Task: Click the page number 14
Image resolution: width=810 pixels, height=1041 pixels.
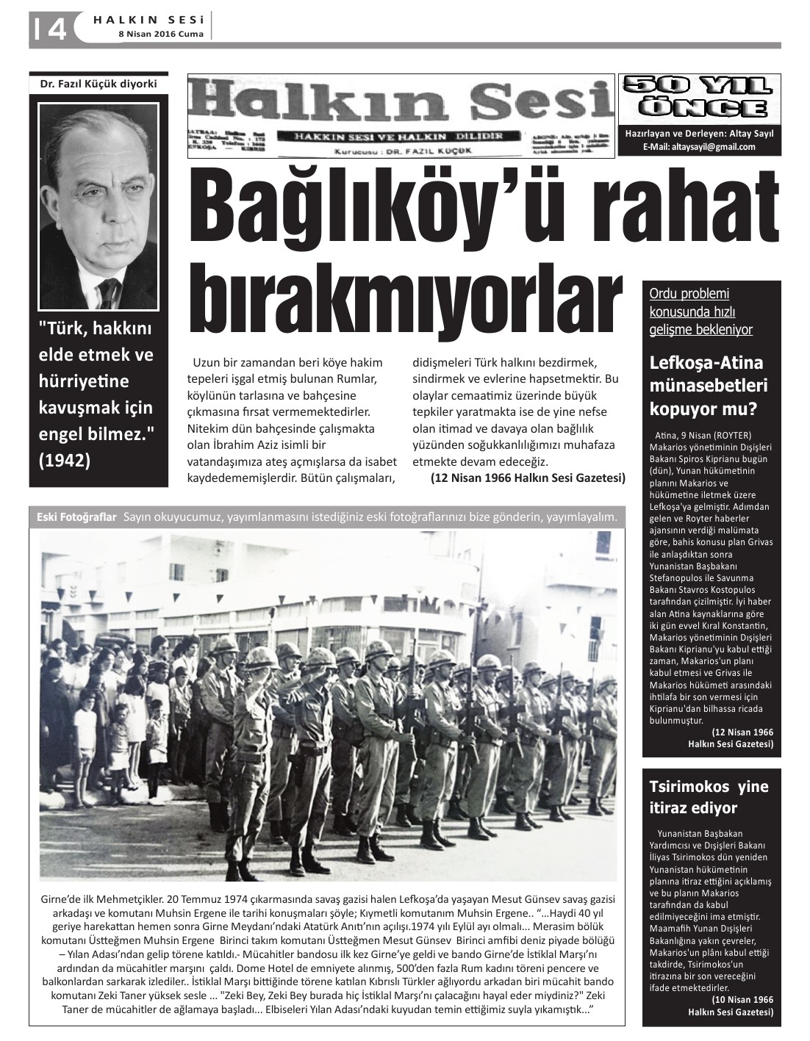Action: pos(50,29)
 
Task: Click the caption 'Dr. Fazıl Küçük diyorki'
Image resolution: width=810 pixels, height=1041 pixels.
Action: pos(98,84)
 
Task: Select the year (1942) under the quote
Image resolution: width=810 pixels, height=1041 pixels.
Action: pos(64,460)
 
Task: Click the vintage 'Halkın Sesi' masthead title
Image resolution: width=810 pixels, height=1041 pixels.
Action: pos(401,103)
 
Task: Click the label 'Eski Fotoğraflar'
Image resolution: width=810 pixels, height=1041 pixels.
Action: pos(76,517)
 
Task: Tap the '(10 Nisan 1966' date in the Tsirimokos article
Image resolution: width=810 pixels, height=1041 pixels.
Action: pos(742,1000)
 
